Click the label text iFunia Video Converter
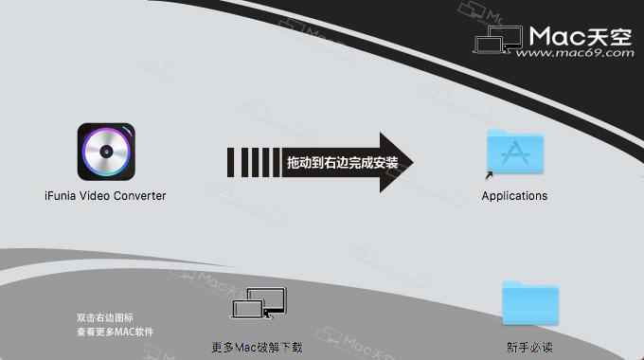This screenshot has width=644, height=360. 106,196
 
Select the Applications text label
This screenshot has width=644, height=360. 514,196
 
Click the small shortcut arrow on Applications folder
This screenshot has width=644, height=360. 489,174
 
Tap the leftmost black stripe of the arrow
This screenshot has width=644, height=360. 231,162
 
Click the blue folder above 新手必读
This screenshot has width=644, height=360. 529,304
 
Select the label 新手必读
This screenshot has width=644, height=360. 529,346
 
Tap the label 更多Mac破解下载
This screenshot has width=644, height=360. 258,347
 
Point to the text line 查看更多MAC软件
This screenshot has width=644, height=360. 115,332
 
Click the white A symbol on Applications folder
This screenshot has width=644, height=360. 514,153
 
